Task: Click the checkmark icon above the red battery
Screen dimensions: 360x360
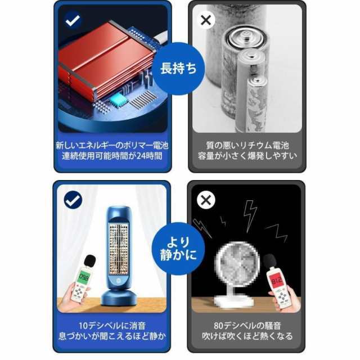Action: tap(73, 20)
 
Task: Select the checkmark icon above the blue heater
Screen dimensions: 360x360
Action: tap(73, 200)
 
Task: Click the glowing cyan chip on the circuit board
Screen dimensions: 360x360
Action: tap(118, 100)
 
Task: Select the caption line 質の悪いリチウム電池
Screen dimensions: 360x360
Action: tap(247, 145)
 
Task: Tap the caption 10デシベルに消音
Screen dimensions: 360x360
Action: tap(112, 325)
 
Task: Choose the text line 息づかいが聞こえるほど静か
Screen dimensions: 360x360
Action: tap(112, 336)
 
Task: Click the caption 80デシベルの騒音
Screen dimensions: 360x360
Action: tap(247, 325)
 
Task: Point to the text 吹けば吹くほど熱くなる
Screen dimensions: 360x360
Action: tap(247, 336)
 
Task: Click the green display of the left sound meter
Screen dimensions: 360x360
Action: tap(84, 277)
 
